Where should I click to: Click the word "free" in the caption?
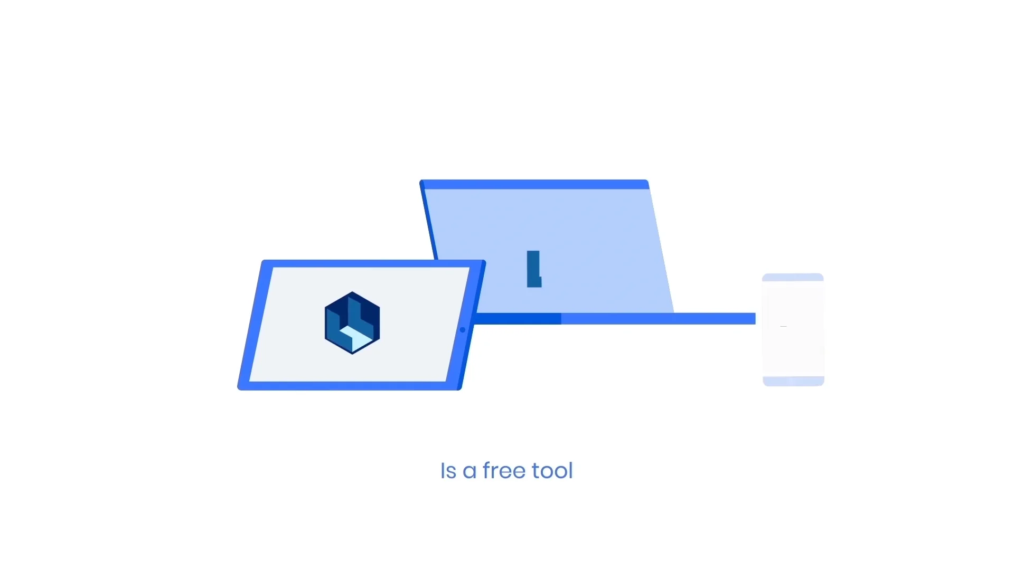click(x=504, y=470)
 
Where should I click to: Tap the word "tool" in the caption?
click(x=552, y=470)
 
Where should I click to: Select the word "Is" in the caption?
click(x=448, y=471)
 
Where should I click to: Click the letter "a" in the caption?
click(x=470, y=471)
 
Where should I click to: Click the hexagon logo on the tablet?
click(x=352, y=322)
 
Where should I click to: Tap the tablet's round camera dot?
click(x=463, y=330)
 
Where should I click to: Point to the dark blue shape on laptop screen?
click(x=534, y=269)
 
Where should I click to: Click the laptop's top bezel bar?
click(x=534, y=184)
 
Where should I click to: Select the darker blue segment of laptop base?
click(x=518, y=319)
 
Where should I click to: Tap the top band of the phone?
click(x=793, y=277)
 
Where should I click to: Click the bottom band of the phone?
click(x=793, y=381)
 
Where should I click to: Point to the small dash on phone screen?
click(x=783, y=327)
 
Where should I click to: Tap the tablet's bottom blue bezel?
click(x=349, y=386)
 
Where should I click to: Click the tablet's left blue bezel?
click(x=255, y=325)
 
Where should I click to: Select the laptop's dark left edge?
click(x=429, y=222)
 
